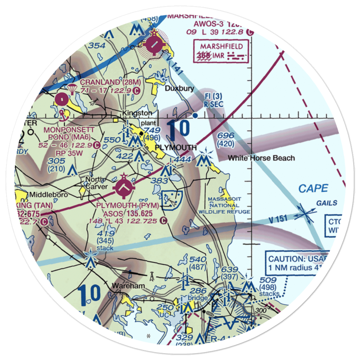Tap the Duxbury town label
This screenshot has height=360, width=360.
179,88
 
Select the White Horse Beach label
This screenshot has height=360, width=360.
261,158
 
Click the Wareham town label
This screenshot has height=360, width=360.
128,285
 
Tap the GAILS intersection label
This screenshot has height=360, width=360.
327,203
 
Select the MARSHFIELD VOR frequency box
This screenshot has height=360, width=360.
221,51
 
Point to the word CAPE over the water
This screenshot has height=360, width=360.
313,188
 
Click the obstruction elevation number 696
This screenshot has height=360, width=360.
226,136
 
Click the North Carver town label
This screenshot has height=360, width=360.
95,183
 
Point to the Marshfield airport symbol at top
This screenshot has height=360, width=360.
154,45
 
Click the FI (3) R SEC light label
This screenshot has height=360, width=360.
213,100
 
